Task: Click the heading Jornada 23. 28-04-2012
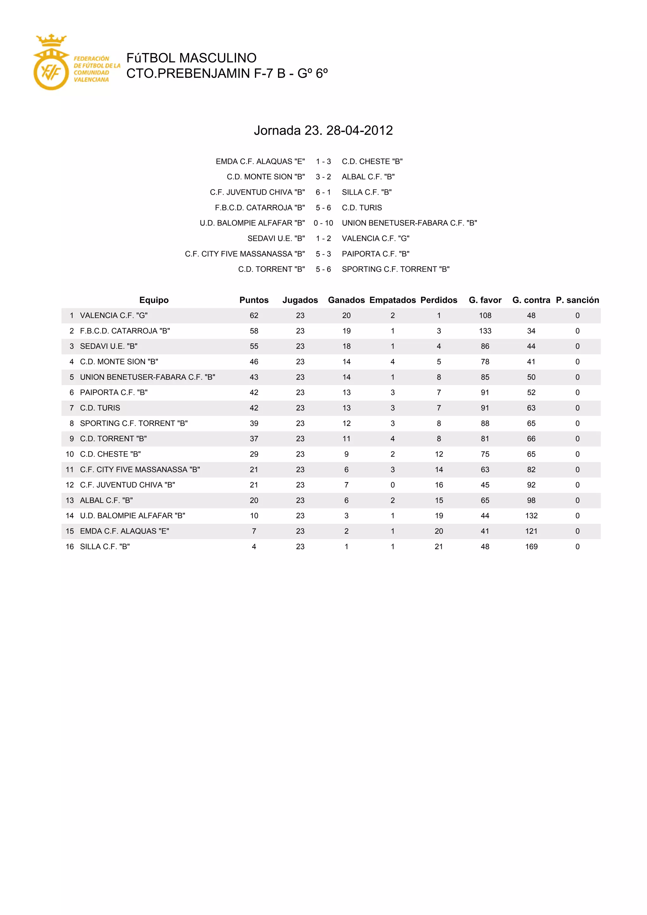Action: [323, 130]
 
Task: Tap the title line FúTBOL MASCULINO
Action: [191, 58]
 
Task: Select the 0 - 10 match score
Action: [323, 223]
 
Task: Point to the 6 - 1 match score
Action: [323, 192]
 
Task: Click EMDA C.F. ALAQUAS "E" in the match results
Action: [260, 161]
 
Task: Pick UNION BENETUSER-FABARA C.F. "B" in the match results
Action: [409, 223]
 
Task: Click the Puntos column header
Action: [254, 300]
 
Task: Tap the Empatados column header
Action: [392, 300]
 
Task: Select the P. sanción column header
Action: [577, 300]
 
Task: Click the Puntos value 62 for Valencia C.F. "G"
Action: [254, 316]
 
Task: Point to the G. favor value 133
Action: [485, 331]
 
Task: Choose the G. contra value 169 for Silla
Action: [531, 547]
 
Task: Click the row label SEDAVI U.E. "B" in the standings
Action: [109, 346]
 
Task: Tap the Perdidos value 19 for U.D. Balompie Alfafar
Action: [438, 516]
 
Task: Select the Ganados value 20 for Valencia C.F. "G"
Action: [346, 316]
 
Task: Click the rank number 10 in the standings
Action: [70, 454]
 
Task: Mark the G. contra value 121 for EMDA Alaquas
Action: [531, 531]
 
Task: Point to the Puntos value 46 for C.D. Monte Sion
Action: [254, 362]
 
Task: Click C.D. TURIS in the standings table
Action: [100, 408]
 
